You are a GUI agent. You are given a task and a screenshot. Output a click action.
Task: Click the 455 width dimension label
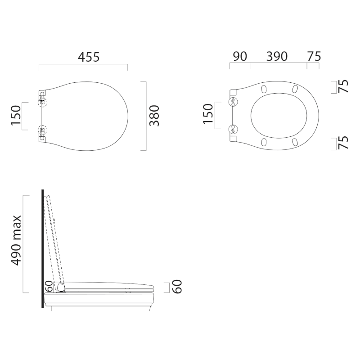89,57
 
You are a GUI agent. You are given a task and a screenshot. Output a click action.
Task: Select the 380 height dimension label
154,116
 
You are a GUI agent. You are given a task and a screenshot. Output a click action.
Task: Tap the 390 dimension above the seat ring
277,57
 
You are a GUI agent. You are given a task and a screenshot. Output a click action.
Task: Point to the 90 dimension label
240,57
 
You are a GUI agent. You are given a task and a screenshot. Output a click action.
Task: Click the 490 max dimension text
16,240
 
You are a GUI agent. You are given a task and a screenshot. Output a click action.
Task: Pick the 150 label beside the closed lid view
16,116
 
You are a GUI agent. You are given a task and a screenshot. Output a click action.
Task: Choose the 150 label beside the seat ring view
208,114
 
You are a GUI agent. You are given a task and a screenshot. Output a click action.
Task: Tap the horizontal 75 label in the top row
314,57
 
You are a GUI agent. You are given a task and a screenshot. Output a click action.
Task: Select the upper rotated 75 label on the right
343,86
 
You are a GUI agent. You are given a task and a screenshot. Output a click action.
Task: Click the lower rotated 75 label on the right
343,143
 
